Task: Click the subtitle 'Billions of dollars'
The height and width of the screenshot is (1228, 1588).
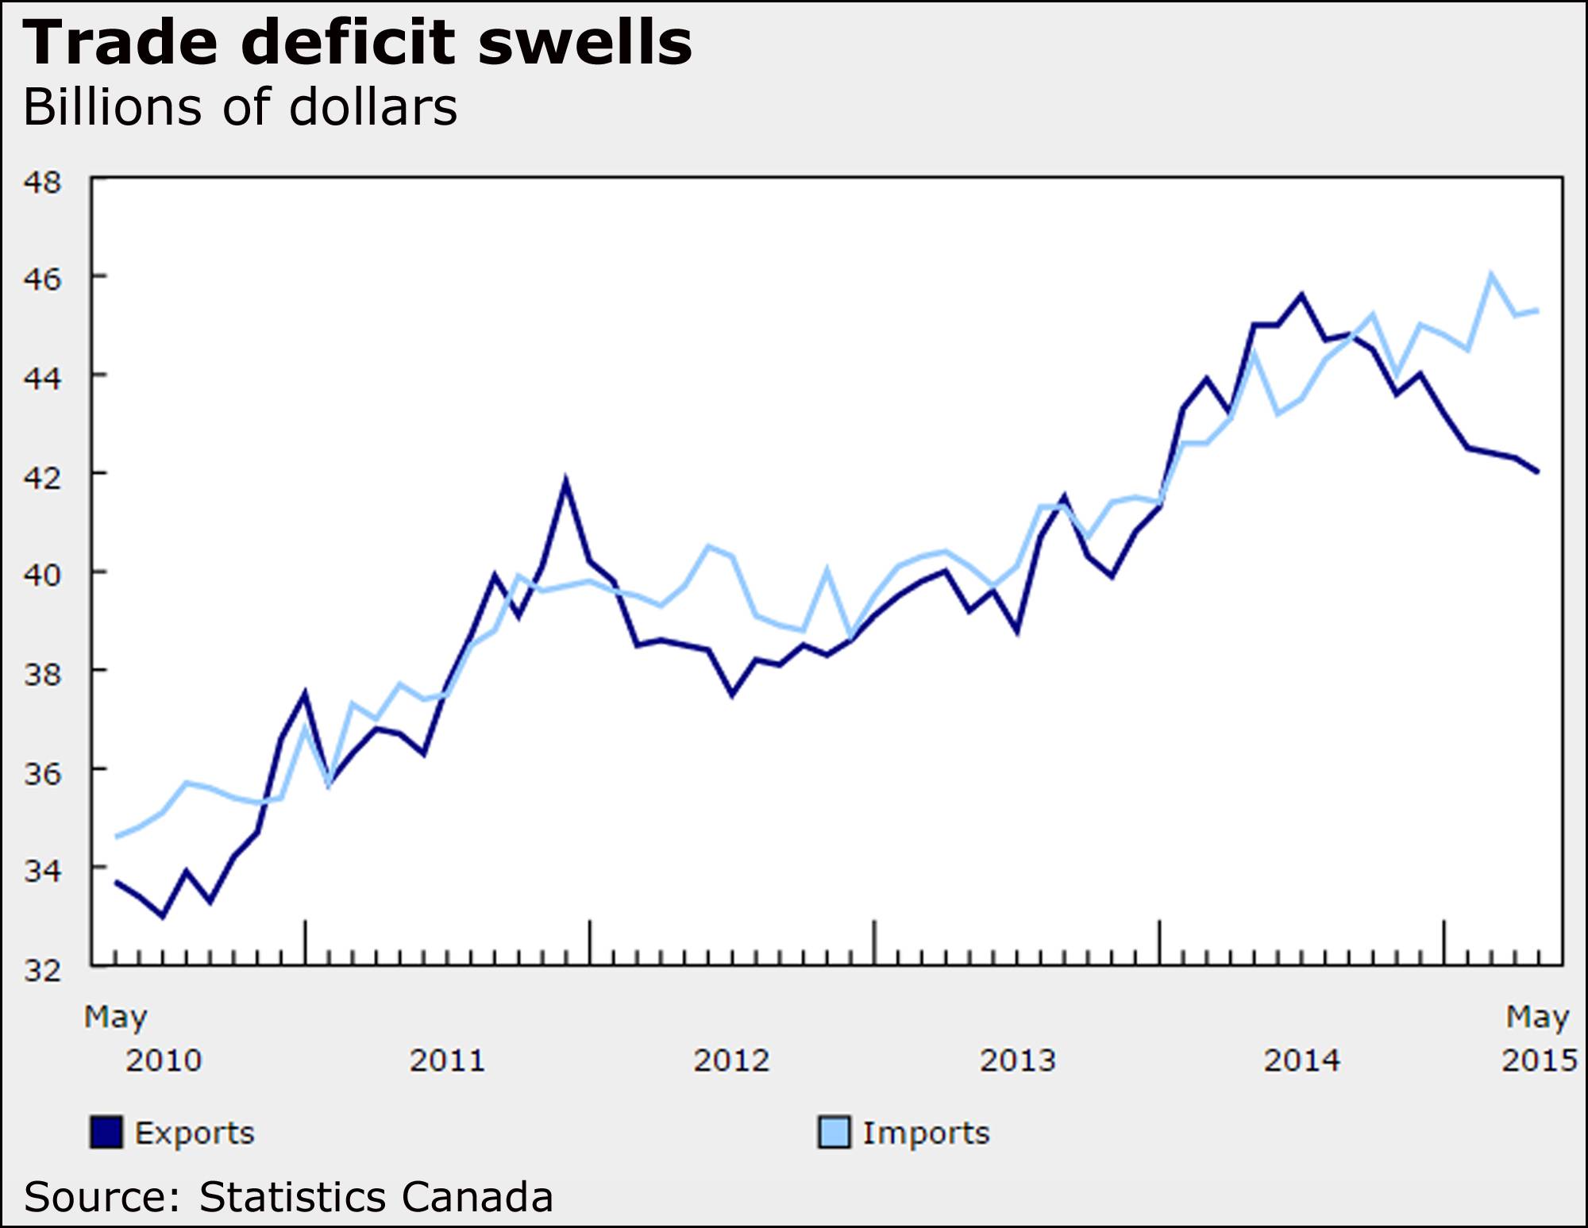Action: tap(241, 107)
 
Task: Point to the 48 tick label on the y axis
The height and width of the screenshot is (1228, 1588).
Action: tap(43, 183)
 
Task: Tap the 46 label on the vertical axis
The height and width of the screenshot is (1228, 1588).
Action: tap(43, 279)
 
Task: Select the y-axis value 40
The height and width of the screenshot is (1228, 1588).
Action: tap(43, 574)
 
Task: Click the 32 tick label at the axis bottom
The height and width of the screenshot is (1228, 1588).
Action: tap(43, 970)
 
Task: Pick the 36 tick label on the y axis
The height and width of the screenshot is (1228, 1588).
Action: tap(43, 772)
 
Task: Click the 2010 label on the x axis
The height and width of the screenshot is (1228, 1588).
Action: tap(164, 1061)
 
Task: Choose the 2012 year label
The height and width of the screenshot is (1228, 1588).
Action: tap(731, 1061)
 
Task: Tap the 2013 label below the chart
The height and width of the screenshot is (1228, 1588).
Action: tap(1017, 1061)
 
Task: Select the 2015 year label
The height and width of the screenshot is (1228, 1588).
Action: tap(1539, 1061)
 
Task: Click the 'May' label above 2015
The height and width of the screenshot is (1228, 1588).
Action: tap(1538, 1017)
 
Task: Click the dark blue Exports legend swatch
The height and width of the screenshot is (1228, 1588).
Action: tap(106, 1133)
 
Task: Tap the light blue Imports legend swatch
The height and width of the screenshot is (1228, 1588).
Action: tap(834, 1133)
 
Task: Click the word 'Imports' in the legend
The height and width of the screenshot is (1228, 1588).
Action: tap(926, 1133)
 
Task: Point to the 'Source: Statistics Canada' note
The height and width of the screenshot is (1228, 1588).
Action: tap(288, 1197)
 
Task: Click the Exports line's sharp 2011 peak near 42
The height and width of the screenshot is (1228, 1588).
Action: tap(565, 481)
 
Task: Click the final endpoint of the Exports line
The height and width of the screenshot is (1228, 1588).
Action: tap(1538, 472)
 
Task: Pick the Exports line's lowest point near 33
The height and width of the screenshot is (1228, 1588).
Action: tap(163, 916)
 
